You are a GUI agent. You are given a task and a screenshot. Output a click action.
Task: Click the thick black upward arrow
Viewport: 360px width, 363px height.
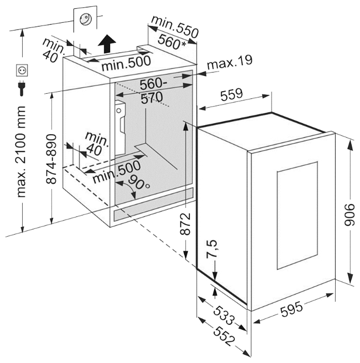pyautogui.click(x=107, y=43)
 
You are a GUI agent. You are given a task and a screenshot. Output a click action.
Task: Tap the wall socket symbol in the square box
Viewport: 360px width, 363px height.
pyautogui.click(x=22, y=70)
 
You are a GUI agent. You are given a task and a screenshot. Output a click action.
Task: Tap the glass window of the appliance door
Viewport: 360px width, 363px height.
pyautogui.click(x=297, y=215)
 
